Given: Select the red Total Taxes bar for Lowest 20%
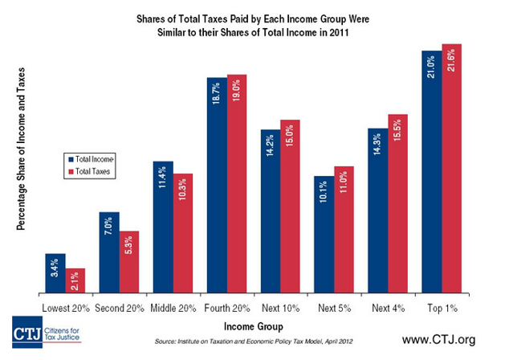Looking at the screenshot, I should click(75, 280).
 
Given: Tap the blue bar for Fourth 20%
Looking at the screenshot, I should click(216, 185).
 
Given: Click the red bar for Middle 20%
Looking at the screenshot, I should click(183, 233).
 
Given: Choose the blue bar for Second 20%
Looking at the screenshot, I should click(108, 252).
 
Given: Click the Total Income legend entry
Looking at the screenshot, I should click(93, 159).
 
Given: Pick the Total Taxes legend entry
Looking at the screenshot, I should click(92, 171).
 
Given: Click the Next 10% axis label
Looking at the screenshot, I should click(279, 308).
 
